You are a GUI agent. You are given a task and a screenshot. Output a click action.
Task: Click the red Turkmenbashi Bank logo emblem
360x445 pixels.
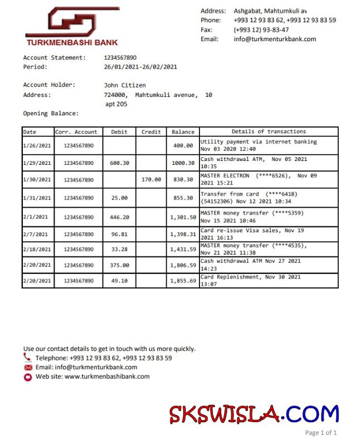point(72,22)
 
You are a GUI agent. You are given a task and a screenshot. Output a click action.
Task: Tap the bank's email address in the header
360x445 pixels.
point(275,39)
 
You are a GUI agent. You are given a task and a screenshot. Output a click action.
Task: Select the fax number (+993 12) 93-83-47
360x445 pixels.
point(261,30)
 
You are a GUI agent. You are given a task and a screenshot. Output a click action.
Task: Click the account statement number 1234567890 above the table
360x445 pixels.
point(120,57)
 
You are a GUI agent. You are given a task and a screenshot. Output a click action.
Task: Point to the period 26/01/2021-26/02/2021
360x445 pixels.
point(140,67)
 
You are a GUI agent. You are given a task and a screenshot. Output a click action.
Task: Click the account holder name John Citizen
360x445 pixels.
point(125,85)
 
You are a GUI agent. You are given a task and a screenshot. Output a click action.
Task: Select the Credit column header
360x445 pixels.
point(151,132)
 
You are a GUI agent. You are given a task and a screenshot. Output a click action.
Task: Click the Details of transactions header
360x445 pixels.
point(269,131)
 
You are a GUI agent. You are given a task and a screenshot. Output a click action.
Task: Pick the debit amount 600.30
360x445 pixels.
point(120,163)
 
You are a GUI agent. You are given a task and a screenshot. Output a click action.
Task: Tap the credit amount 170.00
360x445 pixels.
point(151,179)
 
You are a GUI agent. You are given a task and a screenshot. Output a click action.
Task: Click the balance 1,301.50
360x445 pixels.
point(183,217)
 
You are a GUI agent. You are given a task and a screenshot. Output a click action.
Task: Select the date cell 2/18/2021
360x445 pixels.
point(37,249)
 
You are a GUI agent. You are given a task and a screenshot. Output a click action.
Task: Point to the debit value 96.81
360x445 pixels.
point(120,234)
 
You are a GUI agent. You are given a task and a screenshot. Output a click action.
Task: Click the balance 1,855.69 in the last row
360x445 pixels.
point(183,281)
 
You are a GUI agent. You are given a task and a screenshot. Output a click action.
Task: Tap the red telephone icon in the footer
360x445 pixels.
point(28,358)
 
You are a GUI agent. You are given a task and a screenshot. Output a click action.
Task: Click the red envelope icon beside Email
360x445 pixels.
point(28,368)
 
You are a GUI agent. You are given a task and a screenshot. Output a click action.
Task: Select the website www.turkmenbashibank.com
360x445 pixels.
point(107,376)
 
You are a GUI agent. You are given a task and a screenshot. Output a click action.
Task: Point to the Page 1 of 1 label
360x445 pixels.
point(321,432)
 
